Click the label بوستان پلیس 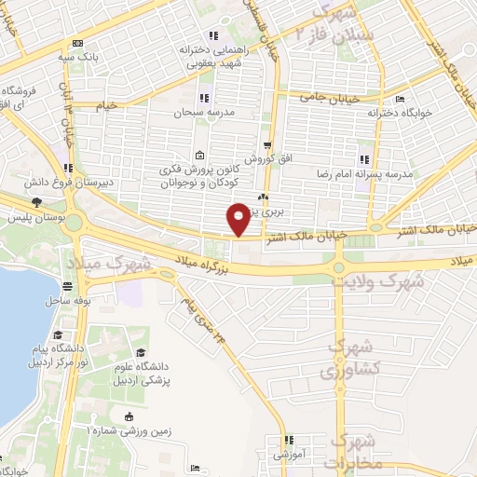click(28, 216)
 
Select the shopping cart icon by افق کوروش click(267, 144)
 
